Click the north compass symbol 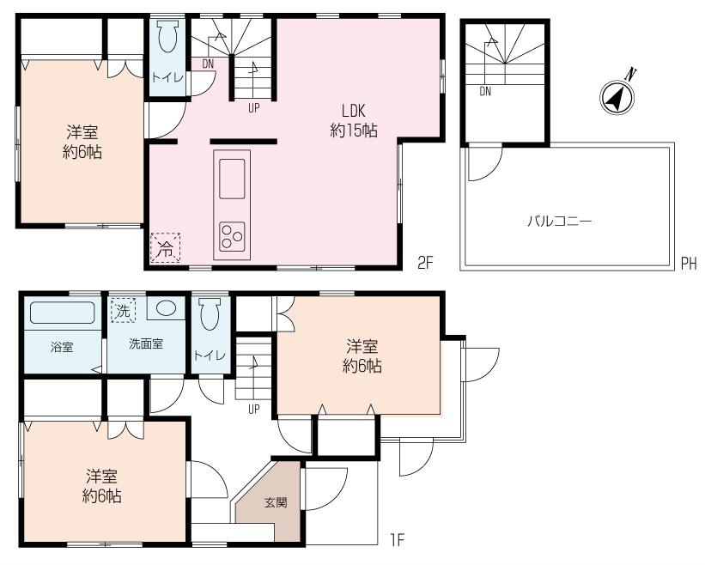[x=616, y=97]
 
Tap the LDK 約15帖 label [x=355, y=121]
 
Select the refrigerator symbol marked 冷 [x=167, y=247]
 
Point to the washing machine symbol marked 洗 [x=124, y=311]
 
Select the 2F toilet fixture [x=167, y=39]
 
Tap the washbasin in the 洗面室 [x=167, y=308]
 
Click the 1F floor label [x=396, y=540]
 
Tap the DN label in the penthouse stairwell [x=485, y=92]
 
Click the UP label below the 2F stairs [x=253, y=108]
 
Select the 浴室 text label [x=61, y=348]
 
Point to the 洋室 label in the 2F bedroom [x=82, y=133]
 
